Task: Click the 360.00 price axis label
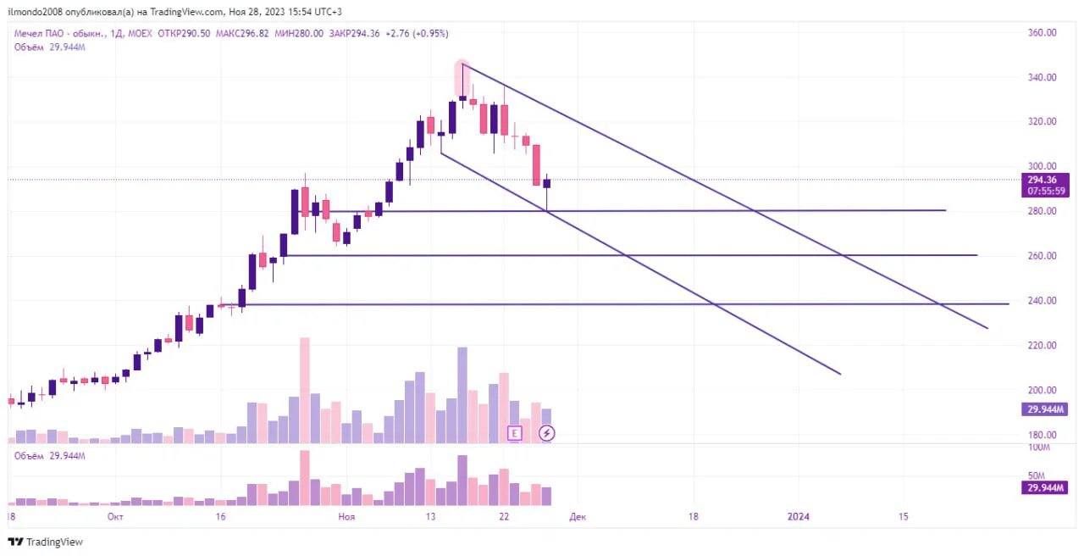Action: (1042, 32)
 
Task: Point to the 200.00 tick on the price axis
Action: (1042, 390)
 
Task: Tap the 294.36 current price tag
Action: (1042, 180)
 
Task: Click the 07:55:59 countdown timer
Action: (1046, 191)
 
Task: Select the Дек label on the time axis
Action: (578, 517)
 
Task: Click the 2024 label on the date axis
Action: (798, 517)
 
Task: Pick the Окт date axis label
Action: (115, 517)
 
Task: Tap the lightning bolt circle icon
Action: (547, 433)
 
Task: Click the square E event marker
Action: (514, 433)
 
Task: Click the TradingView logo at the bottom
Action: (46, 542)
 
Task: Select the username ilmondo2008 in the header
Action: (36, 12)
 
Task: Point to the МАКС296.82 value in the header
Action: (242, 33)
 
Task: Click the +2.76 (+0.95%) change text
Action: (417, 33)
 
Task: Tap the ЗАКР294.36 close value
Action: (354, 33)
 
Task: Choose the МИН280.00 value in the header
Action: (299, 33)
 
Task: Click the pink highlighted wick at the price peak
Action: (462, 79)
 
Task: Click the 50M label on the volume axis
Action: (1037, 475)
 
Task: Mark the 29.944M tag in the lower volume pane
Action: (1045, 487)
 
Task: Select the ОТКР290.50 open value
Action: (184, 33)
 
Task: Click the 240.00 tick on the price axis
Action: (1042, 300)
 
